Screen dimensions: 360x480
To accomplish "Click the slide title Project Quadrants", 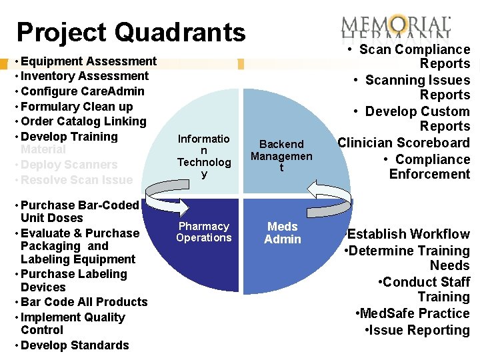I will pos(131,32).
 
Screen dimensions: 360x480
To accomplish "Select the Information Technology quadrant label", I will pos(203,156).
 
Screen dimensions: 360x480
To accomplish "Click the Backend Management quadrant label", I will pos(281,155).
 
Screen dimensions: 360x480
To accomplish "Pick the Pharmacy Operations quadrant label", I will pos(204,232).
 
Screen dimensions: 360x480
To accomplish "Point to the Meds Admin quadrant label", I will pos(283,233).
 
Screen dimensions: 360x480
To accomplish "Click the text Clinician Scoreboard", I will pos(403,143).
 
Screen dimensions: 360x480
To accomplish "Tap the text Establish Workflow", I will pos(408,234).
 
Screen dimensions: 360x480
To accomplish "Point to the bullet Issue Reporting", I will pos(417,330).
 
